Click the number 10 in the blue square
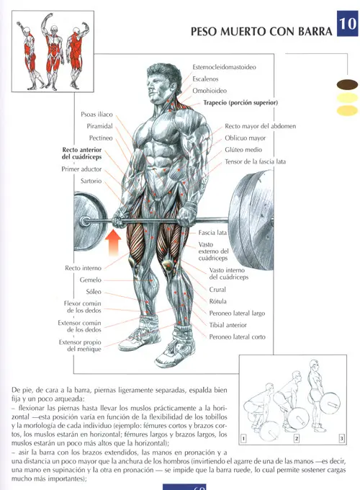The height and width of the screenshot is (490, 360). (x=348, y=24)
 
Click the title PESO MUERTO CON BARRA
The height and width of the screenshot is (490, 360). (x=261, y=32)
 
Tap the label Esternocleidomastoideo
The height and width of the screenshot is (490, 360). (x=224, y=67)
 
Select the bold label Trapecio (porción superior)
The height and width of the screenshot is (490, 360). (x=240, y=102)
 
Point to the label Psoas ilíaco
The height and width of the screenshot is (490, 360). (x=96, y=115)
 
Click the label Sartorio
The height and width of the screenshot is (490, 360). (x=91, y=181)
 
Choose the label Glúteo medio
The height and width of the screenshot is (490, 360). (x=243, y=150)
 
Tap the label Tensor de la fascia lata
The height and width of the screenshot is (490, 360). (x=255, y=161)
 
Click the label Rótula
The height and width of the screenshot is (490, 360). (x=217, y=301)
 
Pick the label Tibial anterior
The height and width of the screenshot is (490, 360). (x=228, y=325)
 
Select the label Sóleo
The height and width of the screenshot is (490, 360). (x=94, y=292)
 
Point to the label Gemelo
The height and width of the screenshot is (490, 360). (x=91, y=280)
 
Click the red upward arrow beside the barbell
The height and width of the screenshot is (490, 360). (x=113, y=243)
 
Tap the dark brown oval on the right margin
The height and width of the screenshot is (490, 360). (x=347, y=84)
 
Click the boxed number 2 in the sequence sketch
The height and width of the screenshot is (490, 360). (x=297, y=438)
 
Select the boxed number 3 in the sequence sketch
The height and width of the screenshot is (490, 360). (x=342, y=438)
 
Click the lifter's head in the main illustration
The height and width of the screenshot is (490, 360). (x=164, y=83)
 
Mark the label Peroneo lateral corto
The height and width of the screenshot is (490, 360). (x=238, y=337)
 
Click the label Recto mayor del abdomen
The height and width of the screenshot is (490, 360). (x=261, y=126)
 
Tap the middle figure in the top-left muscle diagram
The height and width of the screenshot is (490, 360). (x=53, y=52)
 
